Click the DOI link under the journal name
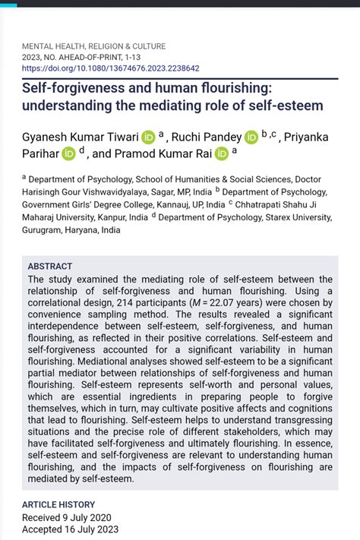110,68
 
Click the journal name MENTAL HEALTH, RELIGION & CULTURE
93,46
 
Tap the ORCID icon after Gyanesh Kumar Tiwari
148,137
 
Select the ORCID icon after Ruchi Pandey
251,137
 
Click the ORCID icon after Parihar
69,153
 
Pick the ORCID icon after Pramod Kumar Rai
222,153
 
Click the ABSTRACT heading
50,267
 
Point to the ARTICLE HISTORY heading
58,504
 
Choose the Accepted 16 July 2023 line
70,529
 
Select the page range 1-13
126,57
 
